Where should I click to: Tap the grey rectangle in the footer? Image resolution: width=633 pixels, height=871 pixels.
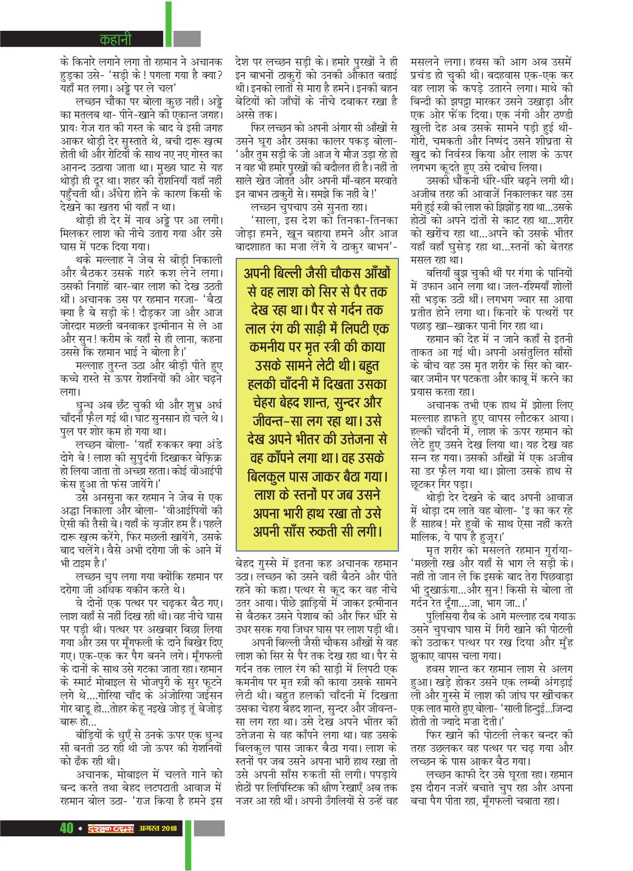click(x=209, y=859)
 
